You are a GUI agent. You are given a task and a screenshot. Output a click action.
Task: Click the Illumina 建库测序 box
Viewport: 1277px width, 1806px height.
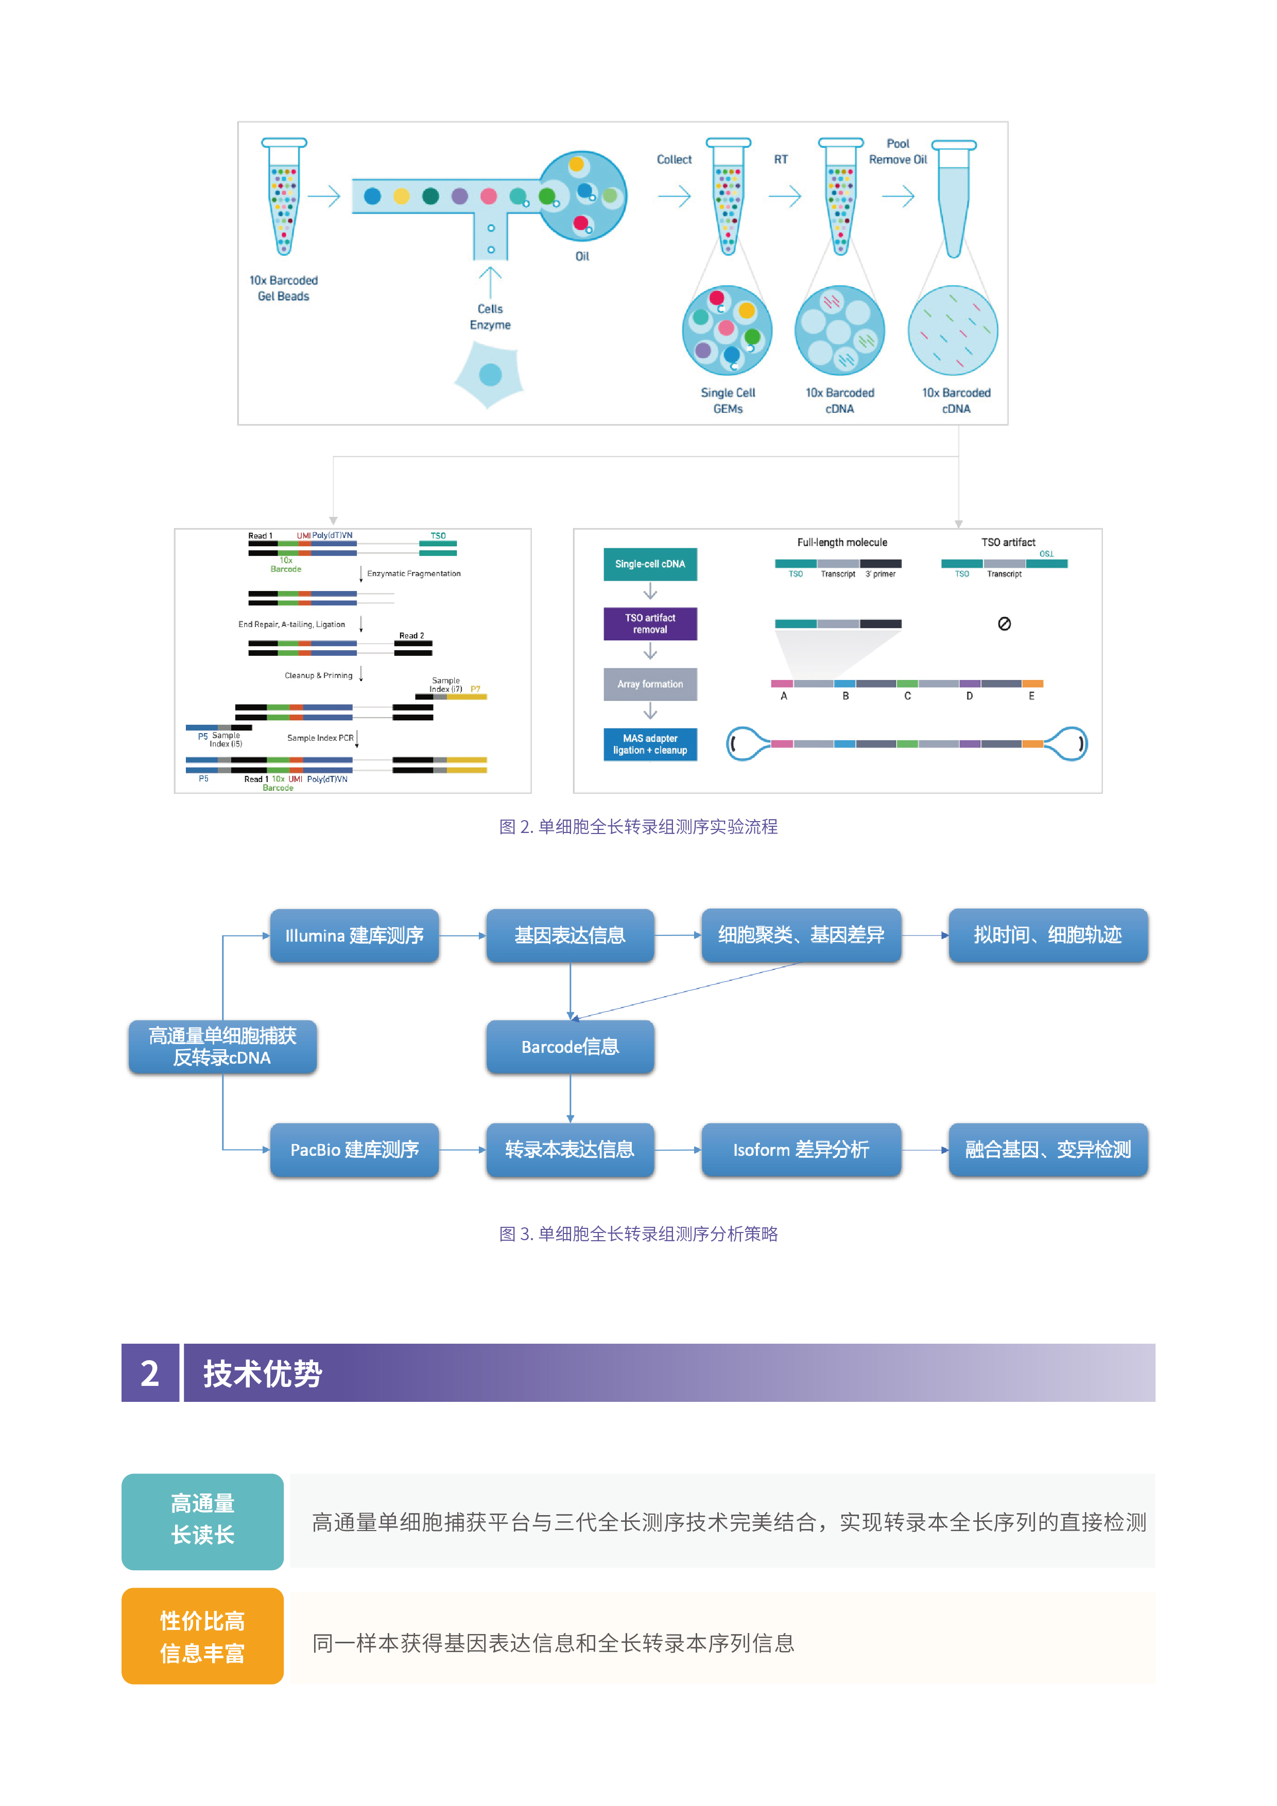pyautogui.click(x=354, y=935)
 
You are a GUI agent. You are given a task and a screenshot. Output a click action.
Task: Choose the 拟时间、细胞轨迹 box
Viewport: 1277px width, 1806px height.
pyautogui.click(x=1047, y=935)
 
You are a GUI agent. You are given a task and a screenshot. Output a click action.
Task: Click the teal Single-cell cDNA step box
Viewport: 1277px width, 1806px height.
pyautogui.click(x=650, y=564)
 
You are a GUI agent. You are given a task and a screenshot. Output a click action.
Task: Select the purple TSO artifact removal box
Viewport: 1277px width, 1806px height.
pyautogui.click(x=650, y=624)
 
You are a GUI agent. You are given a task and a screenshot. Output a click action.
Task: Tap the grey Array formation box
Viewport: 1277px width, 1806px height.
pyautogui.click(x=650, y=684)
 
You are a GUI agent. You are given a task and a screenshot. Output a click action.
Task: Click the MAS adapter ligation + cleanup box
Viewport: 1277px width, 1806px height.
pyautogui.click(x=650, y=744)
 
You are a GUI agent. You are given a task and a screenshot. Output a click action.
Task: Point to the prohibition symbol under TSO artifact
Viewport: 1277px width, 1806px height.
pyautogui.click(x=1004, y=624)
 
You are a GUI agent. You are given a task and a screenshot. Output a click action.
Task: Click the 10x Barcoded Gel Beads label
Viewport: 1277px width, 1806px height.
pyautogui.click(x=283, y=288)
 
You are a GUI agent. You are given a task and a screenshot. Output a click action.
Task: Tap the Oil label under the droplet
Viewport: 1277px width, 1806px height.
pyautogui.click(x=582, y=256)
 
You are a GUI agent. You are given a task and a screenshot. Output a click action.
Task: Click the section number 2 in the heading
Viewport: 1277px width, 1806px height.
pyautogui.click(x=149, y=1374)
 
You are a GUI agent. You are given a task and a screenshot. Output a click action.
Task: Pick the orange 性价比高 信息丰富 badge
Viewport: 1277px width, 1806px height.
pyautogui.click(x=202, y=1636)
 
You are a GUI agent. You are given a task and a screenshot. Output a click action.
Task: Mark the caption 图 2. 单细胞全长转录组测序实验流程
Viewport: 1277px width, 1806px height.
pyautogui.click(x=638, y=827)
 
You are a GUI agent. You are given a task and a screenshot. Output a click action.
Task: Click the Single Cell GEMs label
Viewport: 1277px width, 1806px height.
pyautogui.click(x=728, y=401)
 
